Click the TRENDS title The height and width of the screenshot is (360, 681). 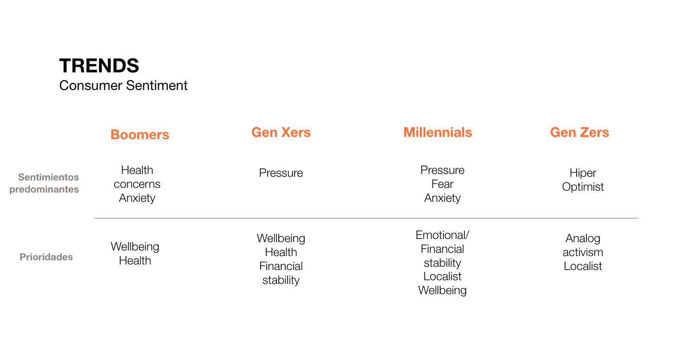[99, 66]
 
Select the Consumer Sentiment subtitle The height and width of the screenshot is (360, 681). [123, 85]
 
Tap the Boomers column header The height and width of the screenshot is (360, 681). [140, 135]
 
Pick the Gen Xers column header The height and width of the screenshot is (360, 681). [281, 132]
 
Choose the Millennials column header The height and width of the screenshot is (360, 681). [438, 132]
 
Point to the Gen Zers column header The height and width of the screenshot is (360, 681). [580, 132]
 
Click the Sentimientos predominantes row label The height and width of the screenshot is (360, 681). [44, 183]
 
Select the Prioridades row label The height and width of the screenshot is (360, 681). [46, 257]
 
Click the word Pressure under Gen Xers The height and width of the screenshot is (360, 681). [281, 173]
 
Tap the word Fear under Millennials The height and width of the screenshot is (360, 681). [443, 184]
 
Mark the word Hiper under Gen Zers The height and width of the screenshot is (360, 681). [583, 173]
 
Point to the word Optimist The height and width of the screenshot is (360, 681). [583, 187]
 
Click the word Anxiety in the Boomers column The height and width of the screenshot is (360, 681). [137, 198]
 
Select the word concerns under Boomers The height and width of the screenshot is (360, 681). [137, 184]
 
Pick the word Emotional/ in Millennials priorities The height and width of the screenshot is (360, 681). [443, 235]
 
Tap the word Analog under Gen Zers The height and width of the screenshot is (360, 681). [583, 238]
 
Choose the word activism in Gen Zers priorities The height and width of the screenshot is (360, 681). [583, 252]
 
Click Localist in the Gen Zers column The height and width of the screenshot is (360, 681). [583, 266]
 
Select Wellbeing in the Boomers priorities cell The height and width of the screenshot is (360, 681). [135, 247]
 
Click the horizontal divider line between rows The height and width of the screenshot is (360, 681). [366, 218]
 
